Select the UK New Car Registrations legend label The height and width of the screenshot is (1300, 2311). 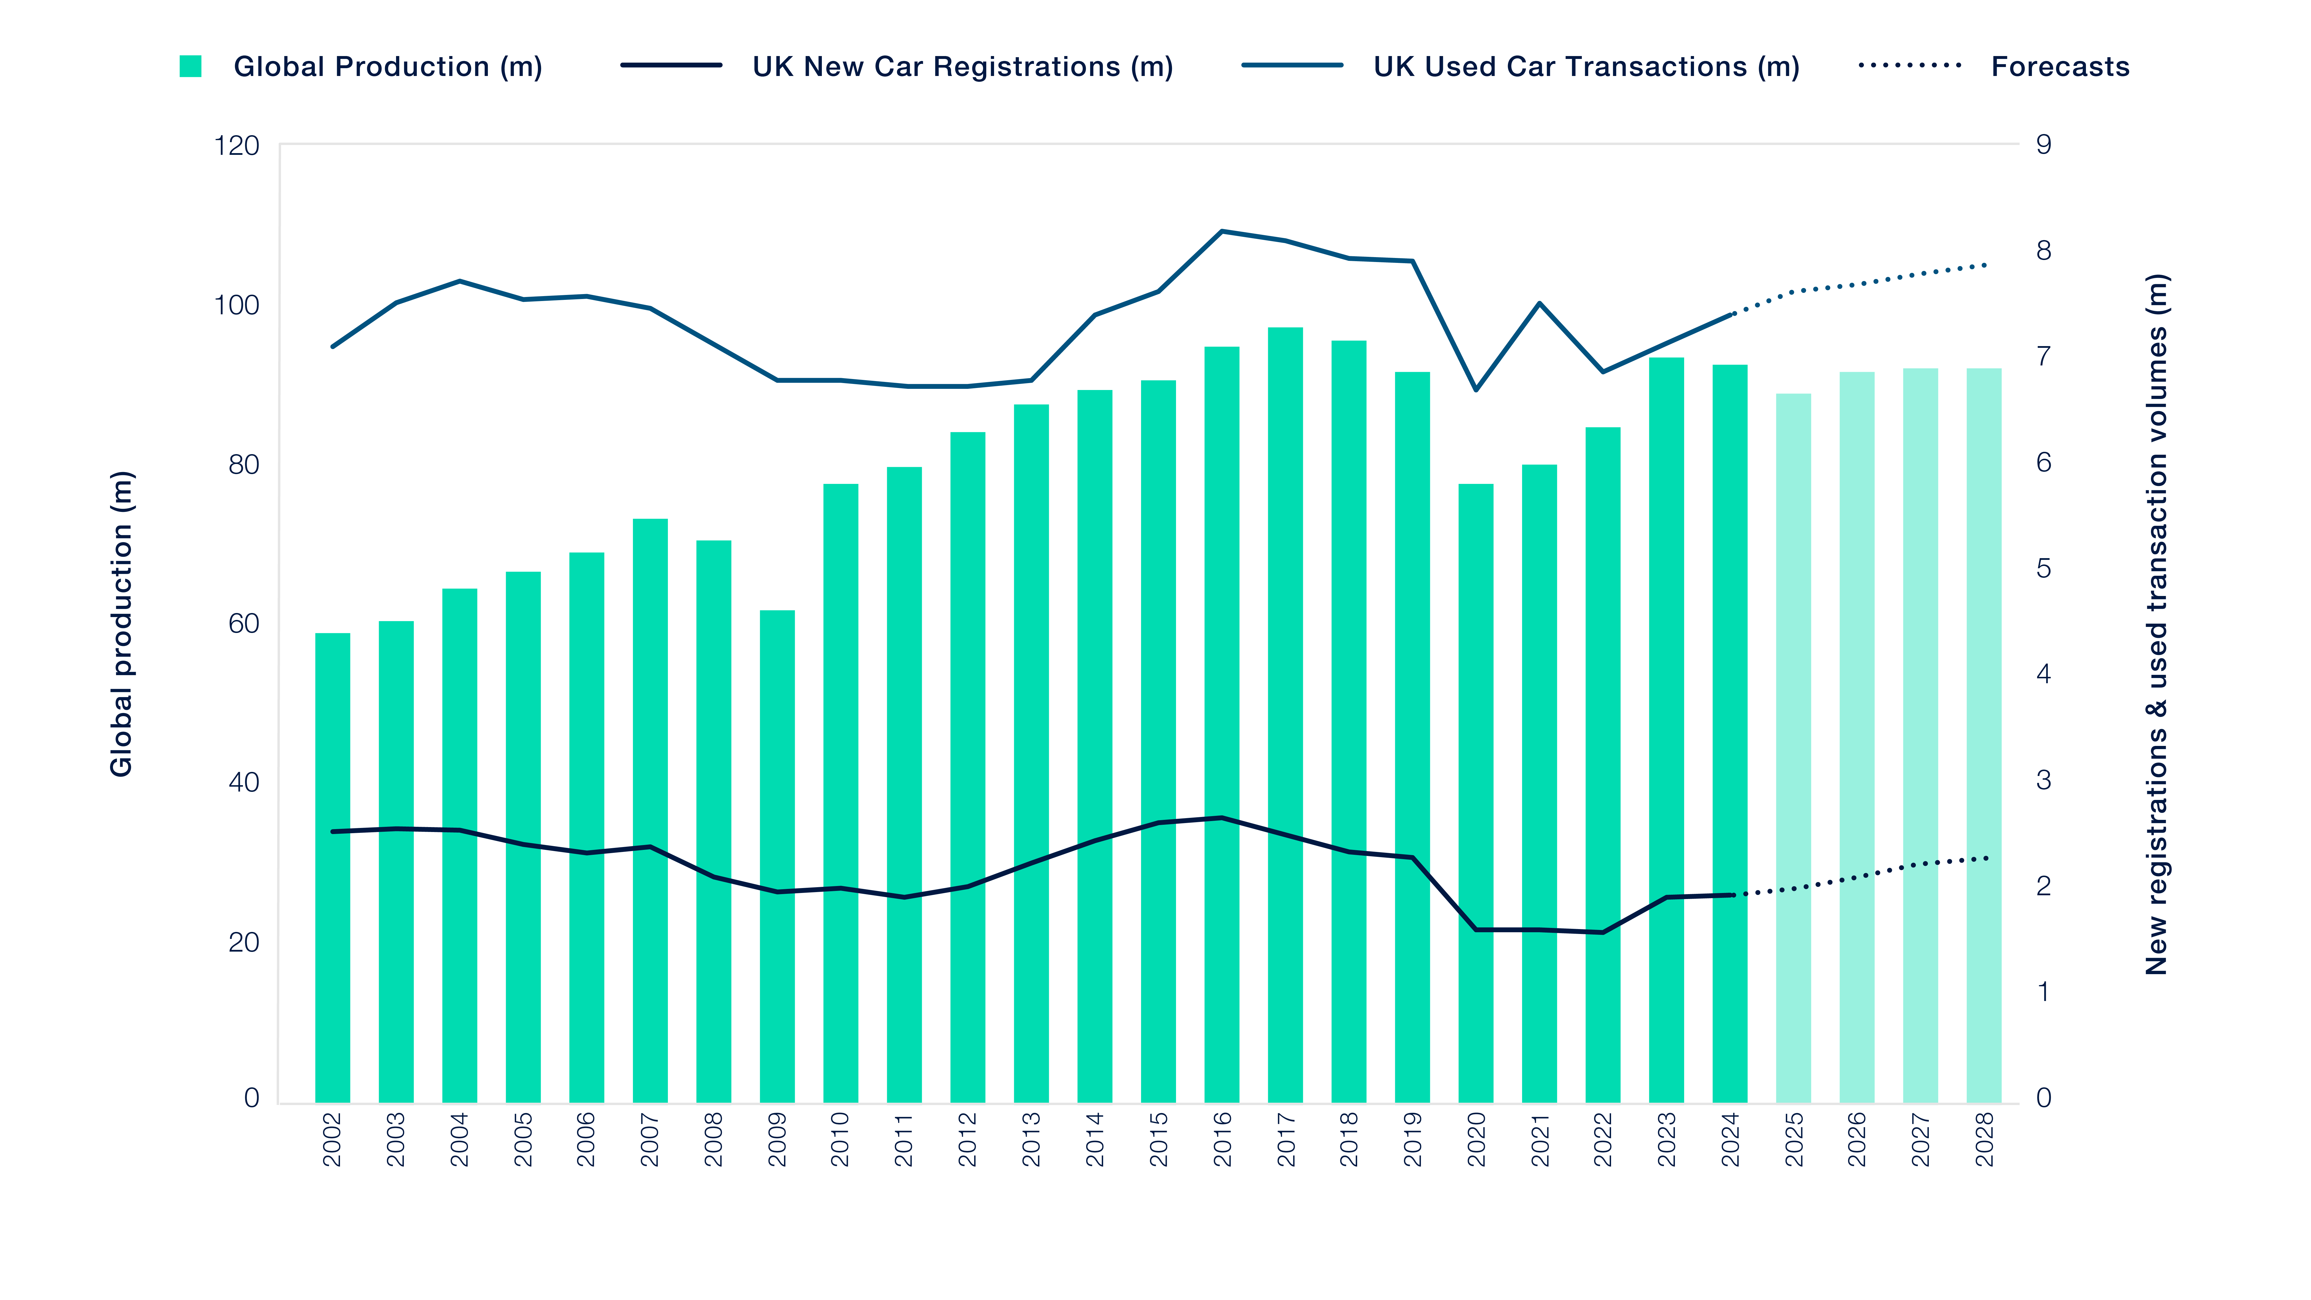point(962,66)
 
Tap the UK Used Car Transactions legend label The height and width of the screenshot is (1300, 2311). point(1585,66)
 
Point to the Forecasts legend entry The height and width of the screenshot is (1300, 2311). point(2060,66)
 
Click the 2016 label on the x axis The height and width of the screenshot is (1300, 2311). point(1222,1139)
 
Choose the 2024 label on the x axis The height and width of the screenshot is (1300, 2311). point(1731,1139)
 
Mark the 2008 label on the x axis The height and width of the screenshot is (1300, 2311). point(713,1139)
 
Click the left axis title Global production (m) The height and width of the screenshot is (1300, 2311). point(121,623)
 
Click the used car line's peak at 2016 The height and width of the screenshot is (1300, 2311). point(1221,231)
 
